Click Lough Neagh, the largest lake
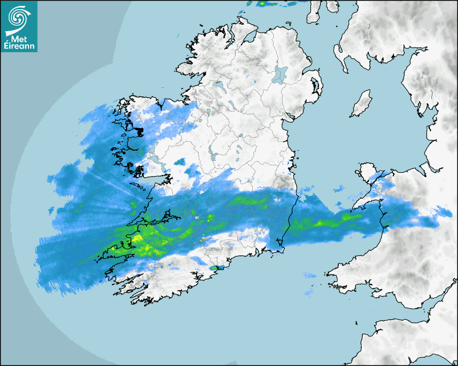click(281, 74)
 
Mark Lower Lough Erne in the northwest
click(218, 86)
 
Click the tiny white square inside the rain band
click(197, 217)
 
